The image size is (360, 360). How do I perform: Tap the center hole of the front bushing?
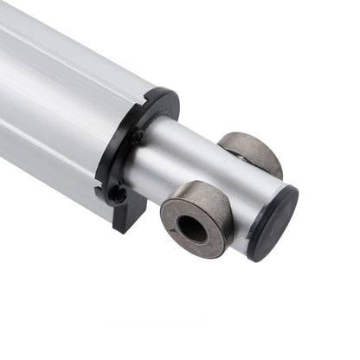point(192,229)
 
